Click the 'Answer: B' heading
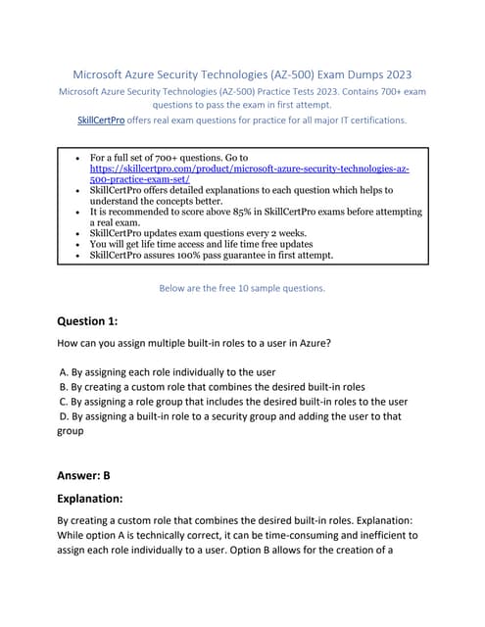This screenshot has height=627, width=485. click(84, 475)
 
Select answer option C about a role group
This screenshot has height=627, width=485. click(232, 401)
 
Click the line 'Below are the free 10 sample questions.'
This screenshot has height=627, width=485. click(241, 288)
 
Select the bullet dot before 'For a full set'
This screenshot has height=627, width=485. click(77, 157)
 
